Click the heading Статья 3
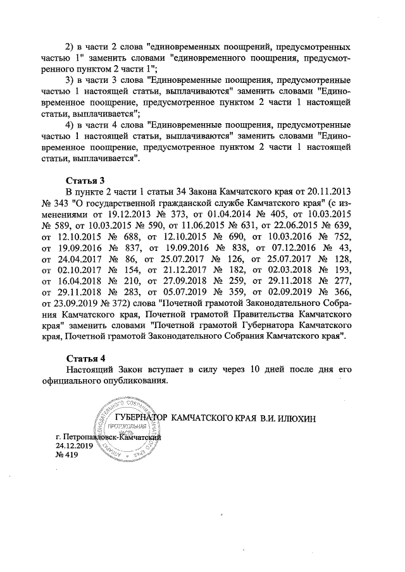(x=84, y=179)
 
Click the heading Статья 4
(x=84, y=358)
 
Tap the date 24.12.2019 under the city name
(x=74, y=446)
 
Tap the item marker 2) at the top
(x=72, y=47)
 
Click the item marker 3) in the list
(x=72, y=82)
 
